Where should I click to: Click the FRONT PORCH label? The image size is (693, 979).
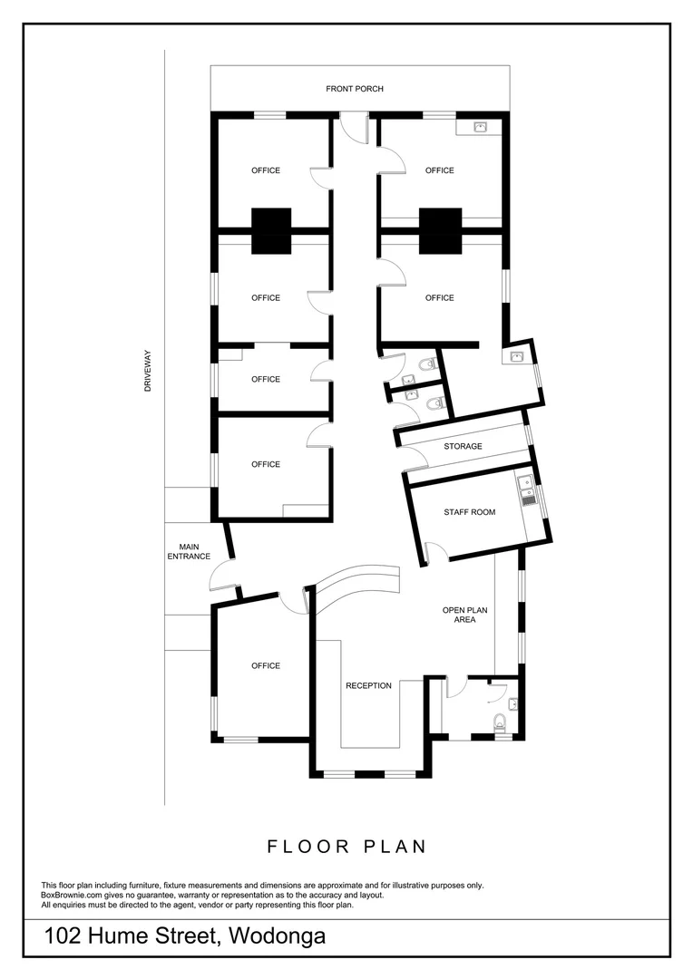[x=355, y=89]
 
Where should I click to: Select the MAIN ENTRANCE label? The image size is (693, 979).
[x=189, y=551]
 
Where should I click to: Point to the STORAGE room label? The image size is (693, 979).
[x=463, y=447]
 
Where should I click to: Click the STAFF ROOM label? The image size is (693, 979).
[x=469, y=513]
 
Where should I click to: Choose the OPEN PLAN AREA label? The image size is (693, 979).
[x=459, y=616]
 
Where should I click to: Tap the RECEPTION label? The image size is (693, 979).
[x=368, y=686]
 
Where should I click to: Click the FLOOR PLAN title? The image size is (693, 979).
[x=346, y=847]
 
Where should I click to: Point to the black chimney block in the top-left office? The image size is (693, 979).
[x=271, y=229]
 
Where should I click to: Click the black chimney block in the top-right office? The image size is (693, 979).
[x=439, y=229]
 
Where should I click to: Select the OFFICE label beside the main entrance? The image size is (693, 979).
[x=266, y=666]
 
